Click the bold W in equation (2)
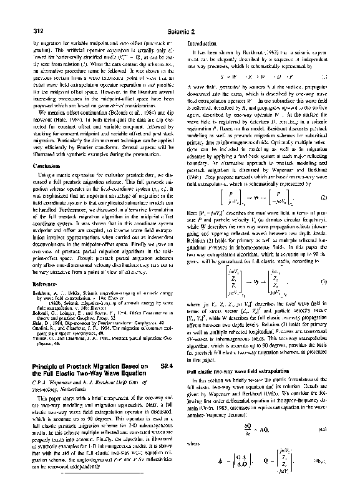(257, 198)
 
